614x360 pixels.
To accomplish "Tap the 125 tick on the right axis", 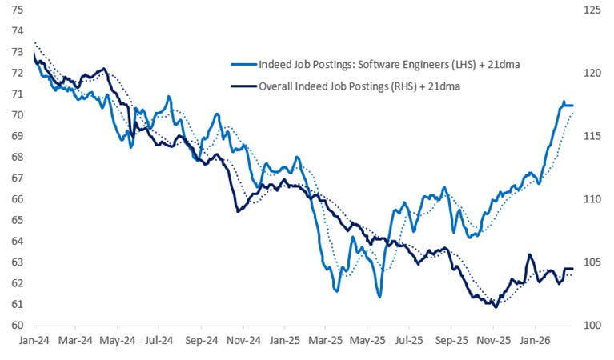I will [x=592, y=10].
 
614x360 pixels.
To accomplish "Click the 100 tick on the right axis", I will [x=592, y=326].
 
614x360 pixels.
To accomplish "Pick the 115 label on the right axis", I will [x=592, y=137].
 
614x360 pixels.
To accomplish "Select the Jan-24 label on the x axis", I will [x=33, y=339].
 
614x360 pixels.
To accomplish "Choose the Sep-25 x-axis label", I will [x=451, y=339].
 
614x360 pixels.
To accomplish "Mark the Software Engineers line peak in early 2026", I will [x=564, y=102].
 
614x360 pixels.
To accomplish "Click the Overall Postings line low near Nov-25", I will [x=496, y=306].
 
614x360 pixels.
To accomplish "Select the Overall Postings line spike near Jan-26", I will [x=529, y=255].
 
